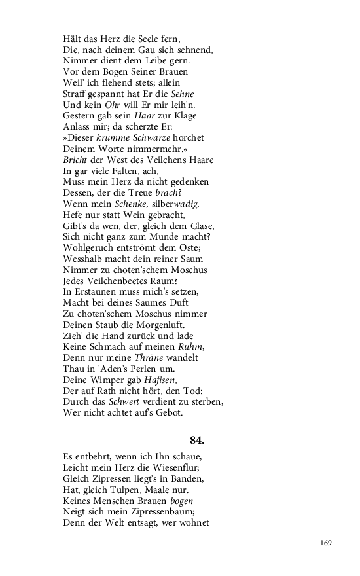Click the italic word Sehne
coord(181,94)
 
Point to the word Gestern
coord(81,116)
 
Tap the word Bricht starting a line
coord(76,160)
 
